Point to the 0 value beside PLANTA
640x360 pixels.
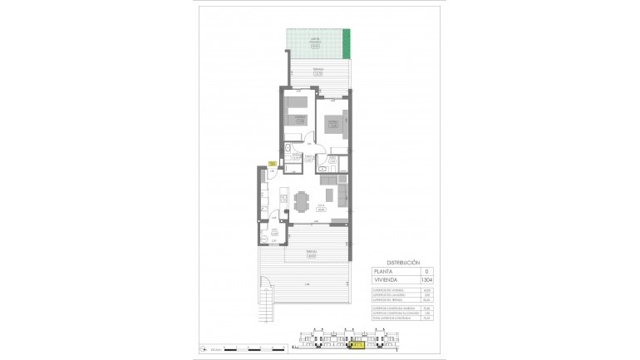[427, 271]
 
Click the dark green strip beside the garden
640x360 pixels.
[347, 39]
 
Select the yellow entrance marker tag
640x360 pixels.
[271, 164]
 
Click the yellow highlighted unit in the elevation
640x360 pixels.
[359, 340]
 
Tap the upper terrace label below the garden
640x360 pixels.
[317, 72]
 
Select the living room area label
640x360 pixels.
[320, 207]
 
